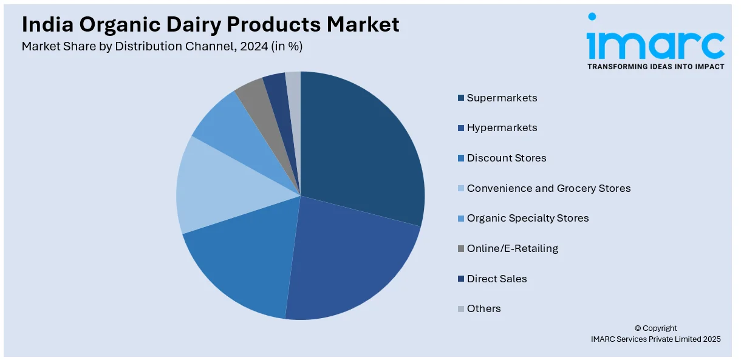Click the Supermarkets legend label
click(502, 98)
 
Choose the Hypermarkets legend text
click(502, 127)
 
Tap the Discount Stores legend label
click(507, 158)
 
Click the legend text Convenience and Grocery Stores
click(548, 188)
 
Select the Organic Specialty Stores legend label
click(528, 218)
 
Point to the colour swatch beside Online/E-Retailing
click(462, 248)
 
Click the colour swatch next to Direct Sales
click(462, 279)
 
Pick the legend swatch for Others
click(462, 309)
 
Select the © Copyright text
click(655, 328)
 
